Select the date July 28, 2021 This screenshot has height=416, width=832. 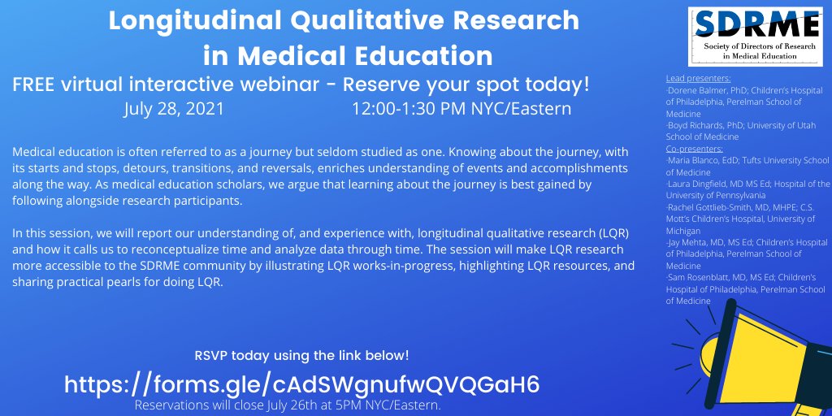(x=174, y=108)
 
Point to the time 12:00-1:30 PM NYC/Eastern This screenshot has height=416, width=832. (x=461, y=108)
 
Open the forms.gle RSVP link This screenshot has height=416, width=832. (x=301, y=384)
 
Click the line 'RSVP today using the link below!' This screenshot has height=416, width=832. (x=301, y=355)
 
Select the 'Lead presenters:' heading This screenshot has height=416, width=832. (x=698, y=79)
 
